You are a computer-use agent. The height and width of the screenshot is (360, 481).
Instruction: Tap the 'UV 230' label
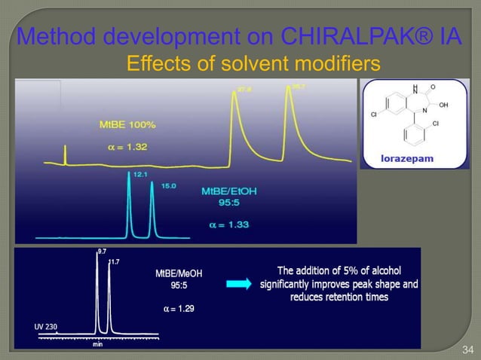[47, 326]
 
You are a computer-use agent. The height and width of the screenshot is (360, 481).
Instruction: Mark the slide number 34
[467, 349]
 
